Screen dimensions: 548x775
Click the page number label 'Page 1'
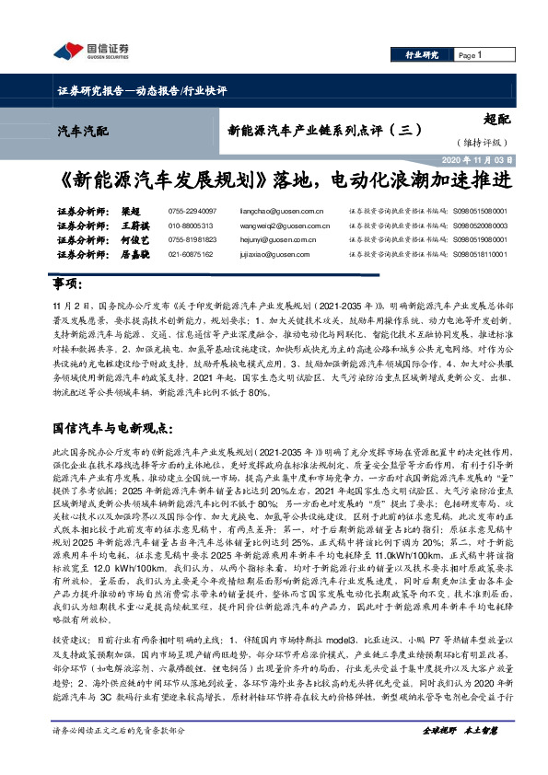(x=470, y=55)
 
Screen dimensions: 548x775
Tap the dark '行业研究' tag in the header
(x=422, y=55)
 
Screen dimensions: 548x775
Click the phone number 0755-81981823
(x=192, y=239)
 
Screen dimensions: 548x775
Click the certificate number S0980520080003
(x=480, y=225)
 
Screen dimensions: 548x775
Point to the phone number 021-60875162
(x=191, y=253)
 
